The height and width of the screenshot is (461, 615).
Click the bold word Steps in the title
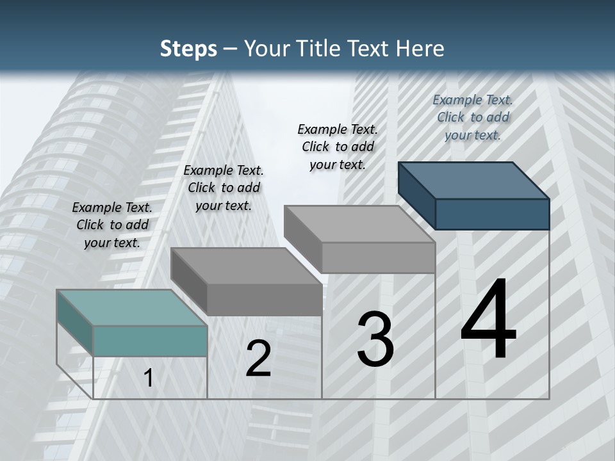pos(188,49)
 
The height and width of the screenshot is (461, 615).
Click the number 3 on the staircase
pos(375,339)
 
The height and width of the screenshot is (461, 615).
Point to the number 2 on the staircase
pos(258,359)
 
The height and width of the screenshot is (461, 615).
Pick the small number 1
pos(149,378)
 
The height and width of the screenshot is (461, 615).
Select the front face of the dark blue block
pos(492,214)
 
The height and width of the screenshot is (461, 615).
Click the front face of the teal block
pos(150,341)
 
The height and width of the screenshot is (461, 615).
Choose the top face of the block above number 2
pos(246,266)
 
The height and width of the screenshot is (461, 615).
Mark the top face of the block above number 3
pos(359,224)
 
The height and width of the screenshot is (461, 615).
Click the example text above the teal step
pos(112,225)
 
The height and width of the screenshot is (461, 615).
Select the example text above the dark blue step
pos(473,117)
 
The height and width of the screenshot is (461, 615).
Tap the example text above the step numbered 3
pos(338,147)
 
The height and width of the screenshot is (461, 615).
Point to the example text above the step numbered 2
pos(224,188)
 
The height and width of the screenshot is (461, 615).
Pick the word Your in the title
pos(267,49)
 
